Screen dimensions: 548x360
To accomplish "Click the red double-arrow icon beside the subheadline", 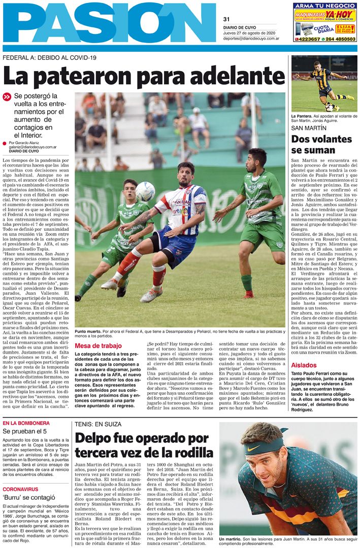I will pyautogui.click(x=7, y=96).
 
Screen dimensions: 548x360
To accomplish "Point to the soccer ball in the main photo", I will pyautogui.click(x=145, y=191).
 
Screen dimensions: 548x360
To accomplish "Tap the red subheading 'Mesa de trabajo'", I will pyautogui.click(x=99, y=346).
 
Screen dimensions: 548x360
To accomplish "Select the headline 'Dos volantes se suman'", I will pyautogui.click(x=321, y=145).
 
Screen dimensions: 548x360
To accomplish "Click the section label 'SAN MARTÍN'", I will pyautogui.click(x=309, y=128).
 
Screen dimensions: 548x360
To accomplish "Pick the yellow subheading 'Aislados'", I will pyautogui.click(x=304, y=365).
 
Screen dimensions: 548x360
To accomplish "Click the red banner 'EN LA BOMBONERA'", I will pyautogui.click(x=26, y=423).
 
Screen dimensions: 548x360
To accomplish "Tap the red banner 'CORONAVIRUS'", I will pyautogui.click(x=20, y=489).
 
